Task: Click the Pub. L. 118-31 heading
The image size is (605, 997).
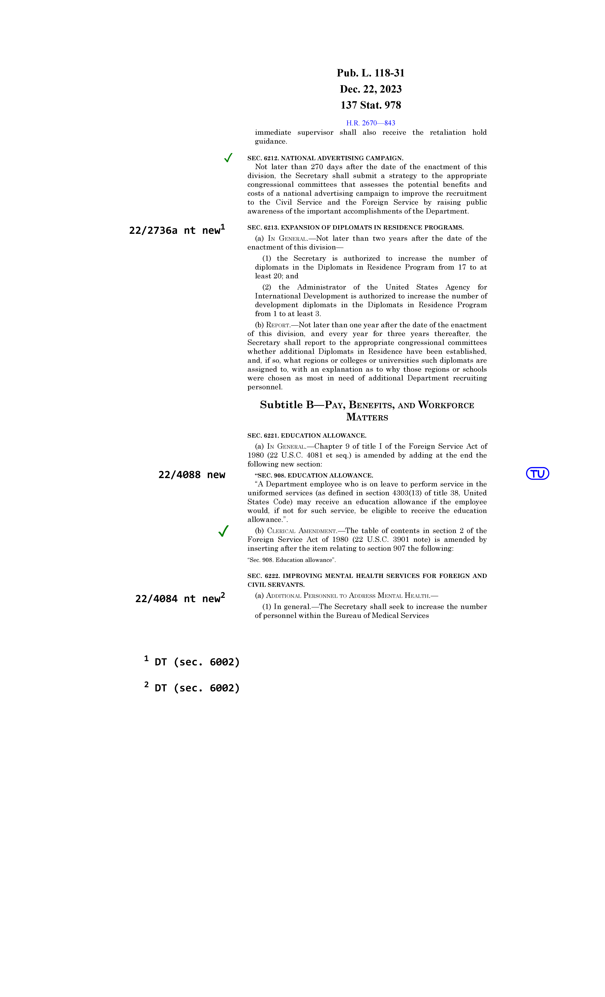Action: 370,73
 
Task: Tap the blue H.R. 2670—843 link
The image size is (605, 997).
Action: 370,123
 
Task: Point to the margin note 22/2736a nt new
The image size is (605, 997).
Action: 177,230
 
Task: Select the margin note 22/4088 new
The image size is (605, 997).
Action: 192,475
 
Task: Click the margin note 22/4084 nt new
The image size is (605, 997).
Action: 180,598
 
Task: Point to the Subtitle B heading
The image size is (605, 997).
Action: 367,411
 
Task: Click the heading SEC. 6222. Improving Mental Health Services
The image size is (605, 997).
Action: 367,580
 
